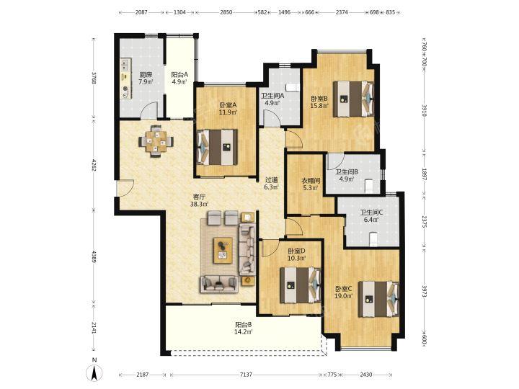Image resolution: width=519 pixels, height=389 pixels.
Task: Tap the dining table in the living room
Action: point(156,142)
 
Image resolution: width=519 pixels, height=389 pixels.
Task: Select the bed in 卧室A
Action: point(217,147)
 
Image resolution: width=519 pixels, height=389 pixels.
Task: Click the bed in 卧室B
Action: point(353,99)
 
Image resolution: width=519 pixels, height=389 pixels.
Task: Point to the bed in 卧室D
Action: point(301,285)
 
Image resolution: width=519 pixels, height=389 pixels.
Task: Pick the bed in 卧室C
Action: point(378,299)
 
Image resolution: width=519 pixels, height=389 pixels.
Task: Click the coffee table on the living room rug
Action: point(223,250)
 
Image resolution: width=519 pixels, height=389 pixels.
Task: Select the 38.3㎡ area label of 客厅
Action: point(199,205)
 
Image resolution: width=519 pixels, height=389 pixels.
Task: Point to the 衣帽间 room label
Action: point(310,181)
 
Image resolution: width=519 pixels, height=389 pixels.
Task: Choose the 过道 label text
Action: point(272,180)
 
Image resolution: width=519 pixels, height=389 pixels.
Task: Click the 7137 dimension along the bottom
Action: point(246,375)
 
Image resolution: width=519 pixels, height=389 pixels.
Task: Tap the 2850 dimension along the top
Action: point(226,12)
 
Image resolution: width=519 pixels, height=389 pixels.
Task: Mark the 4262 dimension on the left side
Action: point(94,165)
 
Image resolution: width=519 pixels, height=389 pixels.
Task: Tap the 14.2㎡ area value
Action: point(244,331)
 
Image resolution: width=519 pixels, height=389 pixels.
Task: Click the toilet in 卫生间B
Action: point(369,185)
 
